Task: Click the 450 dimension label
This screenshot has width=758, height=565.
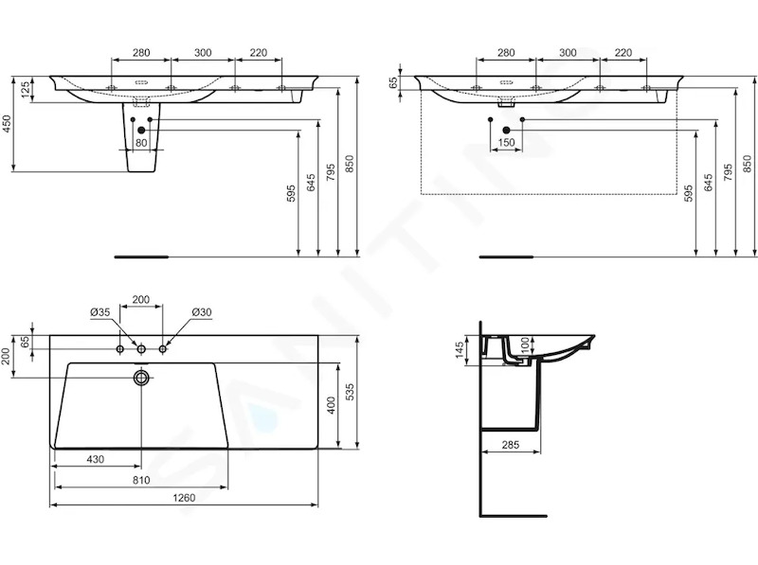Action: click(7, 124)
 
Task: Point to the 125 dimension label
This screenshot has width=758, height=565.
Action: click(26, 89)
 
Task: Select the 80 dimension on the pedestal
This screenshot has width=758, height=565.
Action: click(141, 143)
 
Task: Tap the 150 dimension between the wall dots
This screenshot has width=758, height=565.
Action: click(506, 143)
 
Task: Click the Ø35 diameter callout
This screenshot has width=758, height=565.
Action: click(100, 312)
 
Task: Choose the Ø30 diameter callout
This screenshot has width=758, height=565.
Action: click(202, 312)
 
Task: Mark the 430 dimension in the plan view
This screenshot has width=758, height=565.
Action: click(96, 459)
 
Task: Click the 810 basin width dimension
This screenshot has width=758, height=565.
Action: click(140, 480)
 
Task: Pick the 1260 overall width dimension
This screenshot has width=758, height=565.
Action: click(184, 498)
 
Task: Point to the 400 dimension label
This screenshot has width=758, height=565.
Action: click(332, 406)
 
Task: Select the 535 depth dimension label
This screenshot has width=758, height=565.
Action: click(351, 392)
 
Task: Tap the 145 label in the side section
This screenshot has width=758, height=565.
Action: click(460, 349)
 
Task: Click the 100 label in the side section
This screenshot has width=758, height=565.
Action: click(526, 345)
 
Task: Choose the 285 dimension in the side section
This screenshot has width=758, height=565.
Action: click(510, 444)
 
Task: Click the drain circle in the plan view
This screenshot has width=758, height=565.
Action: click(141, 378)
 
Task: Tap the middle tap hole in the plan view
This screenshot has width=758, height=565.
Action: click(141, 348)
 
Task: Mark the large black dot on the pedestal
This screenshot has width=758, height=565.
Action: click(141, 130)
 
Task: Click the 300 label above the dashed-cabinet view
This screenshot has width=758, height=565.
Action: click(568, 53)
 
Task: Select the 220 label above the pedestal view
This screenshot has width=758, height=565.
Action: click(258, 53)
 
